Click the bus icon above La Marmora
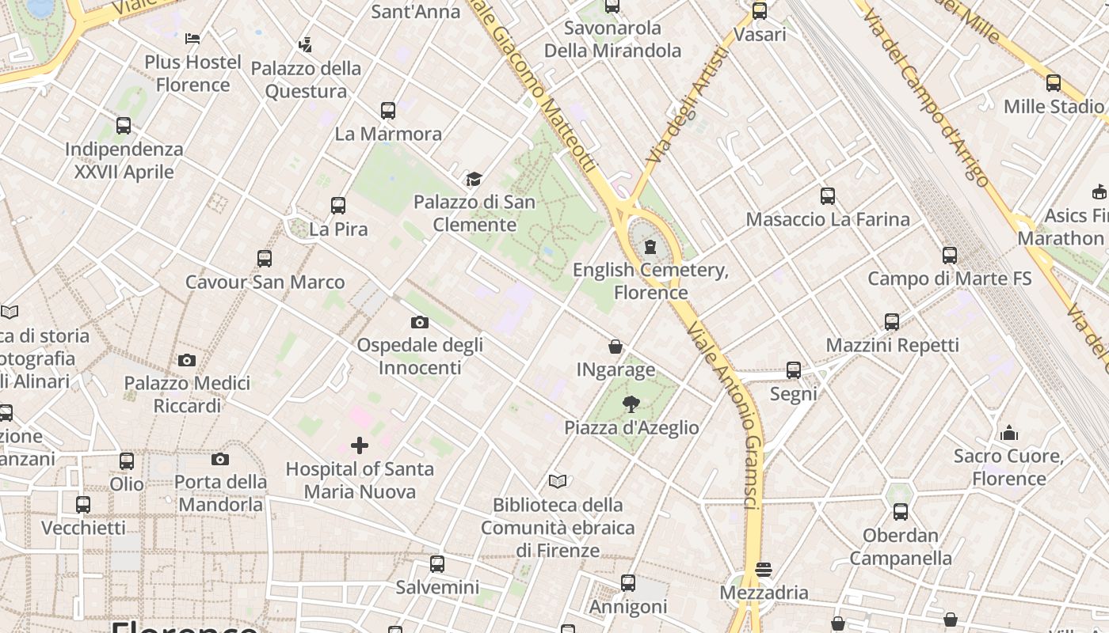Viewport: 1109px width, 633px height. click(387, 110)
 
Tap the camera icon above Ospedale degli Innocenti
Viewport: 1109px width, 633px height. click(420, 322)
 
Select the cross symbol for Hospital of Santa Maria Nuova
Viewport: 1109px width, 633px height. click(360, 445)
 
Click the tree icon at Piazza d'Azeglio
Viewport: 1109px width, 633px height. click(631, 404)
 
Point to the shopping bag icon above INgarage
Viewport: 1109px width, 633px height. click(615, 347)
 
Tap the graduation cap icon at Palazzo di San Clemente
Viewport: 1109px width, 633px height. click(474, 179)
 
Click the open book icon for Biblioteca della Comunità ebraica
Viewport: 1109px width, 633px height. click(558, 481)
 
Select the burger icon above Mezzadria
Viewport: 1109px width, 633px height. click(764, 569)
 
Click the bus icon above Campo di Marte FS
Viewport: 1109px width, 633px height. click(950, 255)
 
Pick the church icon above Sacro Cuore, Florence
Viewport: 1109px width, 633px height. click(1009, 433)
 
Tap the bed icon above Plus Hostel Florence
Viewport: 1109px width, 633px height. click(192, 38)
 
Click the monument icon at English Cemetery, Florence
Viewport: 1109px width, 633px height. click(650, 247)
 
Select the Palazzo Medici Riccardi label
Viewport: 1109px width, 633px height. click(187, 394)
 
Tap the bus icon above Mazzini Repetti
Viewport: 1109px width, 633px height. click(892, 321)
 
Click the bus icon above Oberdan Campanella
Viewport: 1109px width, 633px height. click(901, 512)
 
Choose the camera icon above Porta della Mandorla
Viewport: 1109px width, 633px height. click(220, 459)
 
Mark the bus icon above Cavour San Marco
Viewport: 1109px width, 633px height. click(265, 259)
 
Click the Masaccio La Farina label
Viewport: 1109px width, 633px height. click(828, 219)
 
